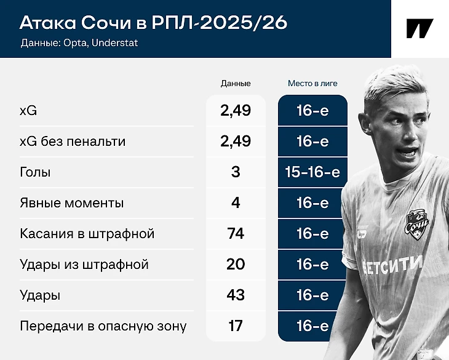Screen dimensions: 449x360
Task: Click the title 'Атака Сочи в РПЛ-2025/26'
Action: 154,22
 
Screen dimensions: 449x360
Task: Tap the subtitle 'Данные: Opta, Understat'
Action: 79,43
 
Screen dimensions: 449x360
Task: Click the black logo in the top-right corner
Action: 420,28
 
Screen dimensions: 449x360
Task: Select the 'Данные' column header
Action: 236,83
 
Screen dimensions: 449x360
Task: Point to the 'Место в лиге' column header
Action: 312,83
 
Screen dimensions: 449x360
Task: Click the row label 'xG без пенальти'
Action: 73,142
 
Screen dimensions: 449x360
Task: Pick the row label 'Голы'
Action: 35,172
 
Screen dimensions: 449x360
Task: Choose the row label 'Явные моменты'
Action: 71,203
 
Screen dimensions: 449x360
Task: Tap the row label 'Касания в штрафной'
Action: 87,234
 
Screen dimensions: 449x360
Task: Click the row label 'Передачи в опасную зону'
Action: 103,326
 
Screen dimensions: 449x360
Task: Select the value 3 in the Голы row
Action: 236,172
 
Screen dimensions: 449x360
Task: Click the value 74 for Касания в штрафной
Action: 236,234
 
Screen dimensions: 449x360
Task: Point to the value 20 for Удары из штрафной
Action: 236,265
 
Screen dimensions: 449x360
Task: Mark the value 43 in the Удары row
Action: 236,295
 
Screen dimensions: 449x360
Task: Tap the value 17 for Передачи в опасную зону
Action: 236,326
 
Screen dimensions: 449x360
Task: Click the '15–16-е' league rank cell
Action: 312,172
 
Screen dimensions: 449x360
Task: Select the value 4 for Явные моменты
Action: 236,203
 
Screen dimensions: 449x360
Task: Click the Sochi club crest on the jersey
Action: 416,225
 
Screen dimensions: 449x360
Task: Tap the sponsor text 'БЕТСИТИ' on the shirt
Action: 392,265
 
